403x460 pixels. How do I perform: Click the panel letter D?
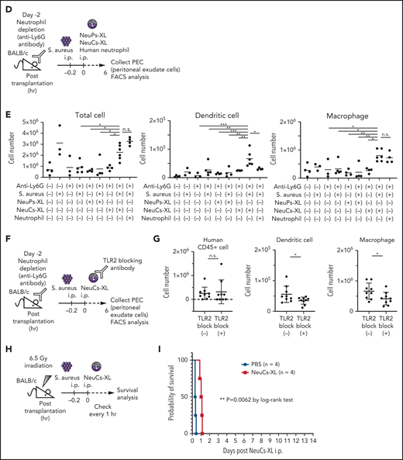click(5, 6)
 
